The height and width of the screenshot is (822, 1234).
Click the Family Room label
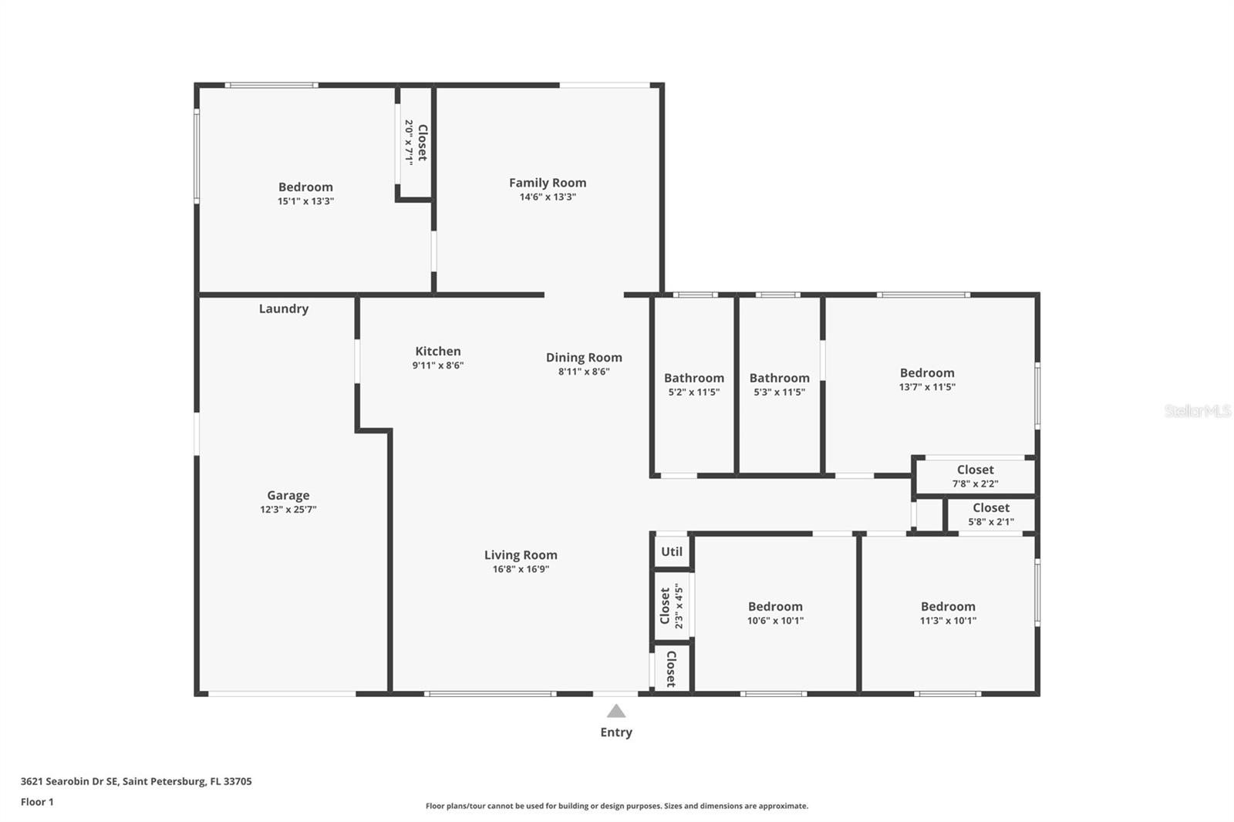tap(548, 183)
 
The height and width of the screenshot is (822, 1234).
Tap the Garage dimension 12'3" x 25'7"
tap(288, 510)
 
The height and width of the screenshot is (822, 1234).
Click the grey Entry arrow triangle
tap(615, 711)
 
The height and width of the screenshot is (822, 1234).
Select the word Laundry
tap(283, 308)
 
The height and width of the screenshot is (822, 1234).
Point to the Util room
tap(672, 551)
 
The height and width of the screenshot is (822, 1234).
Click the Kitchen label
tap(437, 351)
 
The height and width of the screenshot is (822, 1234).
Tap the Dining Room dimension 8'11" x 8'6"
tap(584, 372)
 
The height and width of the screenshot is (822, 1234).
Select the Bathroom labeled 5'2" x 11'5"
tap(693, 384)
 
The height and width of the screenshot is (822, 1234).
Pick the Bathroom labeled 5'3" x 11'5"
tap(779, 384)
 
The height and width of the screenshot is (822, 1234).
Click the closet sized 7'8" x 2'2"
tap(975, 476)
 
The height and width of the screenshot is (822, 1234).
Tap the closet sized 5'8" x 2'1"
tap(990, 514)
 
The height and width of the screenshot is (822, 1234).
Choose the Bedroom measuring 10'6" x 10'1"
tap(775, 613)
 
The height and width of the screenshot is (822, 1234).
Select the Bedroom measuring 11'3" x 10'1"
tap(947, 613)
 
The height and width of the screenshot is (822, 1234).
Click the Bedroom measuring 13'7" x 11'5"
tap(926, 379)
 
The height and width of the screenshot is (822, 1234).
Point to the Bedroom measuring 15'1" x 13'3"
tap(305, 193)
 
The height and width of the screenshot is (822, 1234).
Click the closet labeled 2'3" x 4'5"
tap(671, 606)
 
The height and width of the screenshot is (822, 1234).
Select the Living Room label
tap(521, 555)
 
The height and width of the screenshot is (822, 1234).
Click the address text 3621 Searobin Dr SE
tap(70, 781)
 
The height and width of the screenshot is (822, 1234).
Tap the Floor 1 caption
tap(37, 802)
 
